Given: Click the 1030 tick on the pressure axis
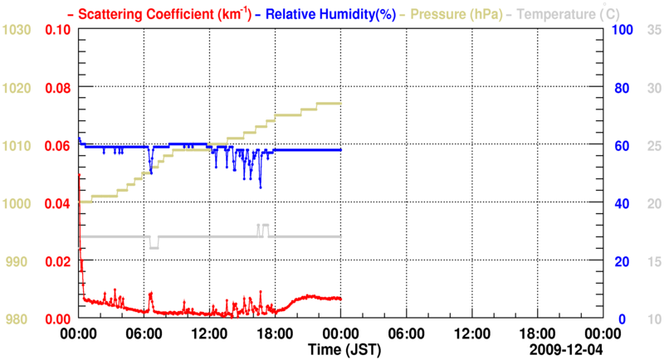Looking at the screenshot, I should pyautogui.click(x=17, y=30).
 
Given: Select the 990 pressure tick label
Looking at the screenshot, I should pyautogui.click(x=17, y=261).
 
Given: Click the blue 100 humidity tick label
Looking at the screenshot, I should pyautogui.click(x=622, y=30).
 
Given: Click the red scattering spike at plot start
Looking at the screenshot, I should pyautogui.click(x=79, y=177).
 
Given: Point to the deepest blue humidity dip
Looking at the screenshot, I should pyautogui.click(x=260, y=187).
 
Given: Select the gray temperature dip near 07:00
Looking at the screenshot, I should pyautogui.click(x=154, y=247).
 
